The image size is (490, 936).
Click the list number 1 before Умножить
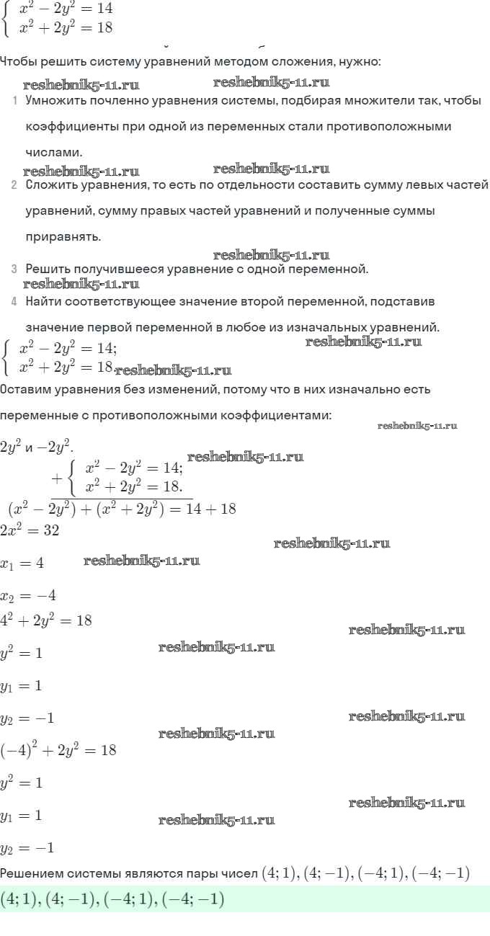coord(14,100)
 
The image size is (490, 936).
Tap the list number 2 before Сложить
coord(14,185)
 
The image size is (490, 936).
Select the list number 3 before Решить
coord(14,269)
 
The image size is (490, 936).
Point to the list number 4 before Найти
coord(14,301)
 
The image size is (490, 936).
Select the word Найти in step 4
coord(44,301)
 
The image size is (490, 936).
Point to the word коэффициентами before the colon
coord(284,416)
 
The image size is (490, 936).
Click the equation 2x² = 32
coord(30,531)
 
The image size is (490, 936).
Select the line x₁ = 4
coord(22,563)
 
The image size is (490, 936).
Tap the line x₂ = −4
coord(28,596)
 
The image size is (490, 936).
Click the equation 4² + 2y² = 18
coord(46,620)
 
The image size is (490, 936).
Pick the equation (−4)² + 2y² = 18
coord(58,749)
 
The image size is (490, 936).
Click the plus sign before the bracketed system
coord(58,478)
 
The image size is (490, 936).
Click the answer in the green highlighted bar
coord(112,899)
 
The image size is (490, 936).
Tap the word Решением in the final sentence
coord(33,874)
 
